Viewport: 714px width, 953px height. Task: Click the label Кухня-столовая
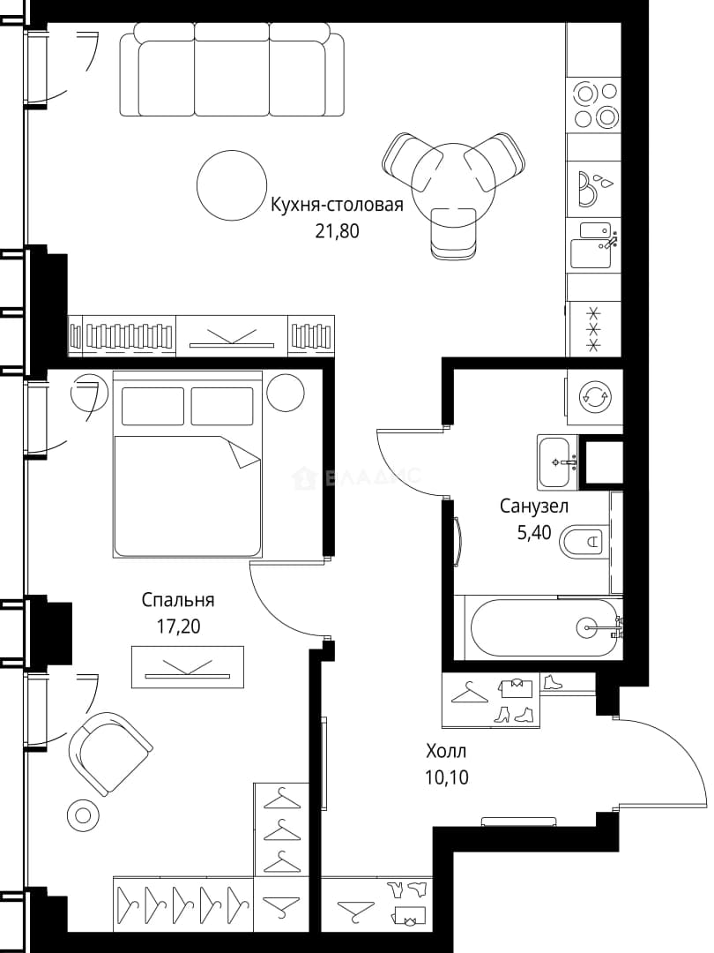point(337,205)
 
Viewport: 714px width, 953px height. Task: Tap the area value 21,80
point(337,231)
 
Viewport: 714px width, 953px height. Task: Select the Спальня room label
point(178,601)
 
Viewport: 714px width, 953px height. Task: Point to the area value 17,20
point(178,626)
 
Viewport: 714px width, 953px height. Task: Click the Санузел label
point(534,506)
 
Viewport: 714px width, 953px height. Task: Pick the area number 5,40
point(533,532)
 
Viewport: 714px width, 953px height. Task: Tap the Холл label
point(446,752)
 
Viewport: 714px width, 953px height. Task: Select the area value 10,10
point(447,777)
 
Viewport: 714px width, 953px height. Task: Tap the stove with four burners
point(595,104)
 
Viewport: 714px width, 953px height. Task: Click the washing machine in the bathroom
point(594,397)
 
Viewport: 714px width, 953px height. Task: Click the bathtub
point(543,627)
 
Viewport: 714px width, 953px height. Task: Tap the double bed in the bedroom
point(188,464)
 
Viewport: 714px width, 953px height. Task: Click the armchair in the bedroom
point(108,753)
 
